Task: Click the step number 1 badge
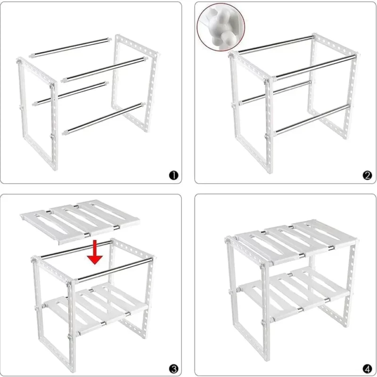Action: click(x=173, y=175)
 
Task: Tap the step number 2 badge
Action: click(x=367, y=175)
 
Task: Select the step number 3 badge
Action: click(x=173, y=369)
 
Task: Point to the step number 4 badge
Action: click(x=367, y=369)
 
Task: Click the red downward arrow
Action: click(x=95, y=253)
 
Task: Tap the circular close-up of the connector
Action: click(x=221, y=27)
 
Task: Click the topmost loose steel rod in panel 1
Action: click(x=70, y=48)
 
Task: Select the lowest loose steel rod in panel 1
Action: click(x=104, y=119)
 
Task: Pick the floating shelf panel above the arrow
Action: click(x=80, y=221)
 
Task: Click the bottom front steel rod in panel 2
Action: click(x=312, y=119)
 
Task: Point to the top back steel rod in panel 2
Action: click(x=277, y=44)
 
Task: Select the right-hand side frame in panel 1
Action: click(x=136, y=83)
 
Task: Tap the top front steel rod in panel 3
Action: click(x=115, y=269)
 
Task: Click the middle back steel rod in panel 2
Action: click(x=275, y=92)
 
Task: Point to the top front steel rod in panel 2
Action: click(x=315, y=67)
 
